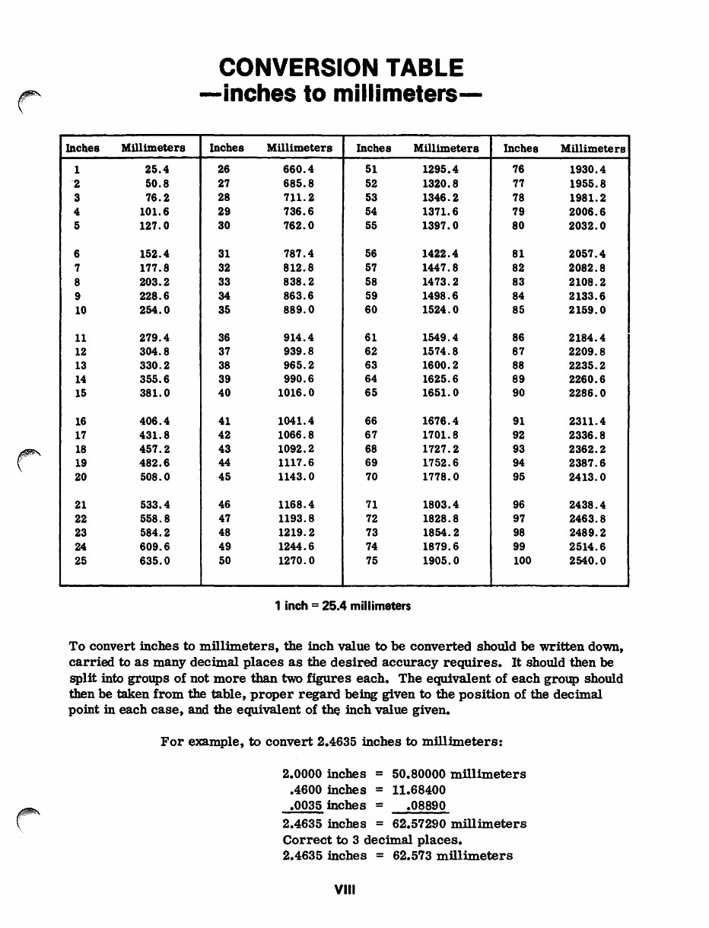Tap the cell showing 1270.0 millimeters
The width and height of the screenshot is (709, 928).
pyautogui.click(x=296, y=561)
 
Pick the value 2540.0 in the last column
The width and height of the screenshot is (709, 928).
pyautogui.click(x=587, y=561)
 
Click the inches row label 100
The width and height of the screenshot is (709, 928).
pyautogui.click(x=521, y=561)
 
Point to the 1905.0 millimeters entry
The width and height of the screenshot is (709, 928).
pyautogui.click(x=440, y=561)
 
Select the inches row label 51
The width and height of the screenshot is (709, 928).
pyautogui.click(x=371, y=170)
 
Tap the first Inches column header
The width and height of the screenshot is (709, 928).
pyautogui.click(x=83, y=148)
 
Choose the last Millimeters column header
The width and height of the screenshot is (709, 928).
pyautogui.click(x=593, y=148)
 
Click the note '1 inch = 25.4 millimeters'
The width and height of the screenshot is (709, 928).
pyautogui.click(x=342, y=607)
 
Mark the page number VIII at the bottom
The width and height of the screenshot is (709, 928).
pyautogui.click(x=345, y=888)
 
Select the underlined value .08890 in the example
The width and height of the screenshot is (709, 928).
pyautogui.click(x=425, y=805)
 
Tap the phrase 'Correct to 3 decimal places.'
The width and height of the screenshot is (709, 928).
pyautogui.click(x=372, y=840)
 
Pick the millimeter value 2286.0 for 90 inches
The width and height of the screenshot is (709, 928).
pyautogui.click(x=587, y=394)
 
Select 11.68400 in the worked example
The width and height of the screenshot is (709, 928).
pyautogui.click(x=418, y=790)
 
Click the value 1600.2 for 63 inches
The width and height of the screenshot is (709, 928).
pyautogui.click(x=440, y=365)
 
